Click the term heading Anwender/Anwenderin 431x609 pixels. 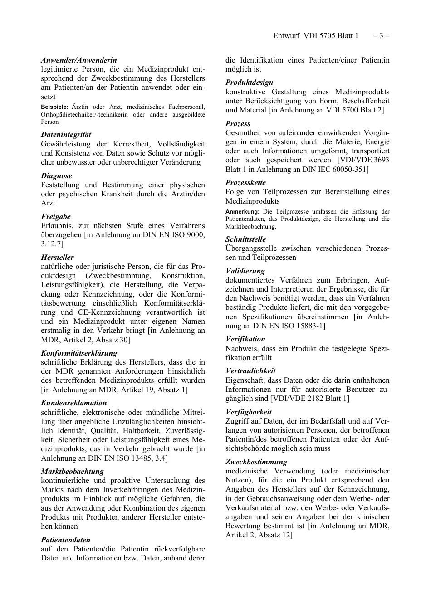click(x=79, y=60)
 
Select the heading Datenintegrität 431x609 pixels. click(x=66, y=135)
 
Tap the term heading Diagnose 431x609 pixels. click(x=57, y=175)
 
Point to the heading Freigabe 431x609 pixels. click(x=56, y=216)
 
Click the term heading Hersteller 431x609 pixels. click(x=58, y=257)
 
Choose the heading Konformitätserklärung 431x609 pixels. click(x=79, y=353)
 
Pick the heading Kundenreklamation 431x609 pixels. click(x=74, y=403)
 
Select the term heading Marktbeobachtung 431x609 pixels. click(x=73, y=471)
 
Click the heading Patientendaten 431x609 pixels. click(x=66, y=540)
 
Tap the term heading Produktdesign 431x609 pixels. click(x=250, y=83)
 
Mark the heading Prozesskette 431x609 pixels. click(x=246, y=182)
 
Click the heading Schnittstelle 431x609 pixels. click(x=246, y=239)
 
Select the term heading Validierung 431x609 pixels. click(x=245, y=271)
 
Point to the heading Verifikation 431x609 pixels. click(x=245, y=339)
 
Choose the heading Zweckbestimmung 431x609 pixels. click(x=256, y=462)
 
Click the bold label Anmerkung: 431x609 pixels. click(x=243, y=212)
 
